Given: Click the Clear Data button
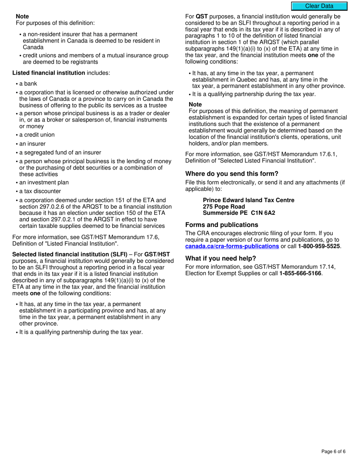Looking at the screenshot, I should [x=319, y=6].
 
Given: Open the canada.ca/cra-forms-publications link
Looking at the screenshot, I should [x=232, y=246].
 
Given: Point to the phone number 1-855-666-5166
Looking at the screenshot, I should [x=300, y=273].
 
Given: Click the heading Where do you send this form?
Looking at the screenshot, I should [x=232, y=174].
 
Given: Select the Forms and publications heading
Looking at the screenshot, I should [x=222, y=225].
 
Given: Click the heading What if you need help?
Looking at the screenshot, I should [x=221, y=259].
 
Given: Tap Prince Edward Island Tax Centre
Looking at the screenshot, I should [x=248, y=200].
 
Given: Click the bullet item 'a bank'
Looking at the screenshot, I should [x=28, y=84].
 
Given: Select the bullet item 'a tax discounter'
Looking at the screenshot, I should [x=40, y=191].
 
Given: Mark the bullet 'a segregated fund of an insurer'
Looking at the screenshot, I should [x=60, y=153].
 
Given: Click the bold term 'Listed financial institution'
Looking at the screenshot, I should [x=49, y=73].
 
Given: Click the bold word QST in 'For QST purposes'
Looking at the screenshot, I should [x=202, y=17].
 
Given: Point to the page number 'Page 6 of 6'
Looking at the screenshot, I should [x=333, y=451].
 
